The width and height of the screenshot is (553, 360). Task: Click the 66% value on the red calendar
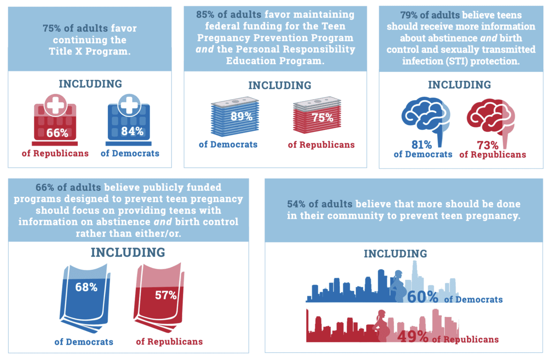(57, 133)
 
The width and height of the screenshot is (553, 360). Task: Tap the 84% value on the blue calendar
(132, 131)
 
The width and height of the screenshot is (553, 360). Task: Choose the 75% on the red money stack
(322, 117)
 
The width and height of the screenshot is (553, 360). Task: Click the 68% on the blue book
(86, 287)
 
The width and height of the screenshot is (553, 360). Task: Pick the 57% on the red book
(166, 295)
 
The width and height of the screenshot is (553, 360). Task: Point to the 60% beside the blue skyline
(422, 297)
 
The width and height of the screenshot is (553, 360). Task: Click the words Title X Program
(89, 52)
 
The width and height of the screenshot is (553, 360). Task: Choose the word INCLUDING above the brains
(459, 85)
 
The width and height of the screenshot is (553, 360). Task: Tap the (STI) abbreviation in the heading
(459, 60)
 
